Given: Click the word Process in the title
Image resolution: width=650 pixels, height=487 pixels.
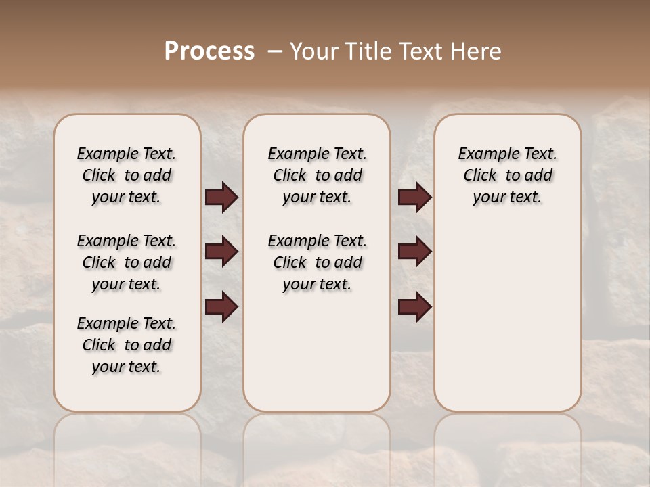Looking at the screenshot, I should click(209, 51).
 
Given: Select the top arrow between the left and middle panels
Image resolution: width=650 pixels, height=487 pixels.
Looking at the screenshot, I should click(222, 198).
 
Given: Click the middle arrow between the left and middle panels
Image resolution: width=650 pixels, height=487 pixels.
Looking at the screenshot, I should click(222, 252).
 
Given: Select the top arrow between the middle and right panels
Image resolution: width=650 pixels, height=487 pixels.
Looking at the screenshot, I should click(414, 198).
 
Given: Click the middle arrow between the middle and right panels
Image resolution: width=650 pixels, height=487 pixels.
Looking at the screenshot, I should click(414, 252).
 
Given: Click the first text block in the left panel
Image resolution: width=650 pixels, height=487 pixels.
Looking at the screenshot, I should click(127, 175).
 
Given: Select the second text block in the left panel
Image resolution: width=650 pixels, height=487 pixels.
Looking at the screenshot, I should click(127, 262).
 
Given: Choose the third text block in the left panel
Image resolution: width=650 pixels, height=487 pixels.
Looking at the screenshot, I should click(127, 345).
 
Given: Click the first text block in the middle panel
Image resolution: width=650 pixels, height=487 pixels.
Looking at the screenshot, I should click(317, 175).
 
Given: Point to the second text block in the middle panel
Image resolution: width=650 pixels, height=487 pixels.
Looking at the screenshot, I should click(317, 262).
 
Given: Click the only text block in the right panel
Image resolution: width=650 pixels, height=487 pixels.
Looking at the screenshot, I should click(508, 175).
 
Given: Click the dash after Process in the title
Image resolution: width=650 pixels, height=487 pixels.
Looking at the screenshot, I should click(275, 51).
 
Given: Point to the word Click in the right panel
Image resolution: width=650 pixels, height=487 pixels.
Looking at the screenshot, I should click(480, 176).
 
